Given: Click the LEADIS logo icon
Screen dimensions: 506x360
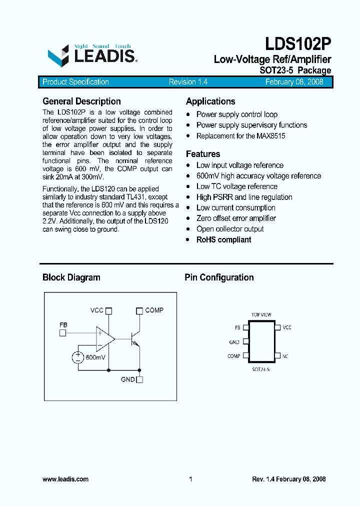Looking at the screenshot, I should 58,55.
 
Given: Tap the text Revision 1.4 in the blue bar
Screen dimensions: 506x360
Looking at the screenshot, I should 188,82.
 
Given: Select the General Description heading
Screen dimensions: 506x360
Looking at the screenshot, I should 81,101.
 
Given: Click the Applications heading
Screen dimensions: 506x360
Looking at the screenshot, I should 210,101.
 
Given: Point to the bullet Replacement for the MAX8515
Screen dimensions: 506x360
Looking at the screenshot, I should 240,136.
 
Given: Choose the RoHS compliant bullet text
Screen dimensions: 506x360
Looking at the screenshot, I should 223,239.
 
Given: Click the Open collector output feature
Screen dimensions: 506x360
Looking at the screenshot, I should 230,229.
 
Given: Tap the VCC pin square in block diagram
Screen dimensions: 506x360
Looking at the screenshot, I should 109,310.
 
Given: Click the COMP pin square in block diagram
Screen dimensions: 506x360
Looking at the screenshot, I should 139,310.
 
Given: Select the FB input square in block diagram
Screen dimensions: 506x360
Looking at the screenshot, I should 62,333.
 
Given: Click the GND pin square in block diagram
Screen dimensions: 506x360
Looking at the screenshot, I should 139,379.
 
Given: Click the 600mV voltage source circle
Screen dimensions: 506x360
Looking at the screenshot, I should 78,357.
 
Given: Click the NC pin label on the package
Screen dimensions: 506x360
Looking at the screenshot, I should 285,356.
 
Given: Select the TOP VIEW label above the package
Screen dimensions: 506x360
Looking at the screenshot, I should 261,315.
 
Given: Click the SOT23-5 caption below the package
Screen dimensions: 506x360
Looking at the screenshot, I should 260,369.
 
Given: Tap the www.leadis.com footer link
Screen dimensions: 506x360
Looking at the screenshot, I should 65,479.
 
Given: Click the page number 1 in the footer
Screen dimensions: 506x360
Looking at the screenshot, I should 190,479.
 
